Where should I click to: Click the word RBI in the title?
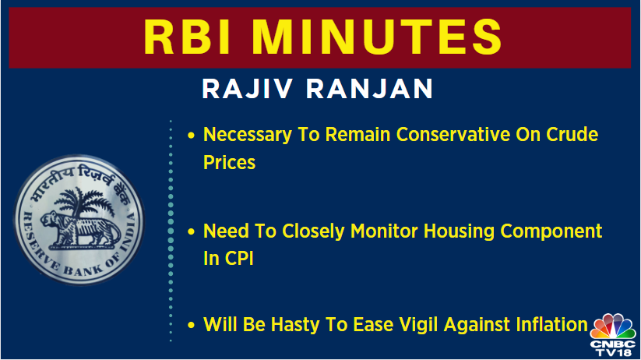(x=192, y=38)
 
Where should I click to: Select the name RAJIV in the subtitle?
(x=246, y=89)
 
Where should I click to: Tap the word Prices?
(x=229, y=163)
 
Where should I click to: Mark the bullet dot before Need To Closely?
(x=192, y=231)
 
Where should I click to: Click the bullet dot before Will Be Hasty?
(x=192, y=325)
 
